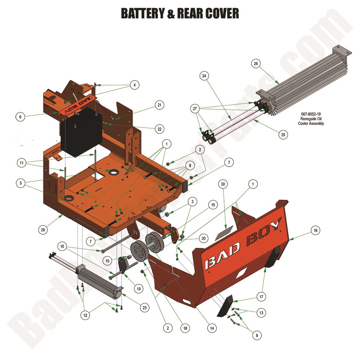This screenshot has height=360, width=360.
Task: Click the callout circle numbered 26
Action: click(256, 64)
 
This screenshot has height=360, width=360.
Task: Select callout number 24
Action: click(204, 76)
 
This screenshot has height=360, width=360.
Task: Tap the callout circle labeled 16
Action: click(315, 230)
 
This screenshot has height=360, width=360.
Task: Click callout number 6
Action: click(21, 117)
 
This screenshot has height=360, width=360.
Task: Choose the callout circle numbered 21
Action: click(159, 105)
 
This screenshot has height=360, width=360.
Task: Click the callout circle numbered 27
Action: click(195, 108)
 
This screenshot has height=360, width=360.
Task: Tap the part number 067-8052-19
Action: click(311, 114)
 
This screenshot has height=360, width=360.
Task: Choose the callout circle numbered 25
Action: click(283, 135)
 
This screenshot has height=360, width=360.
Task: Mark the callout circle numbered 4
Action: click(134, 85)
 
